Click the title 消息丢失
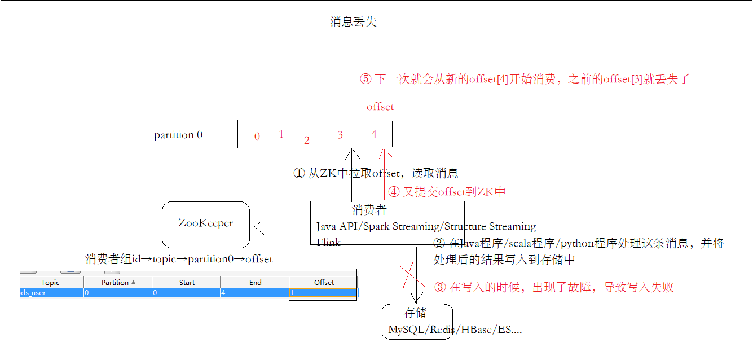[x=353, y=22]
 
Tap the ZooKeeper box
[x=206, y=224]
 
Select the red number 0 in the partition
[x=257, y=136]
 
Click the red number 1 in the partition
[x=281, y=134]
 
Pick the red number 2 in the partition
[x=307, y=141]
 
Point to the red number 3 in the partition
[x=340, y=135]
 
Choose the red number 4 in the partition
[x=374, y=134]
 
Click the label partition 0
[x=178, y=135]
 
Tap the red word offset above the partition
[x=380, y=107]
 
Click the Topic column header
[x=50, y=282]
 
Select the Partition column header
[x=118, y=282]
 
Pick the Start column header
[x=187, y=282]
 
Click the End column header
[x=256, y=282]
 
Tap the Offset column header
[x=324, y=282]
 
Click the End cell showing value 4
[x=255, y=293]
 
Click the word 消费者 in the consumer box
[x=369, y=210]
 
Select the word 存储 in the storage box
[x=415, y=313]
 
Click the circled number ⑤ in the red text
[x=366, y=80]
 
